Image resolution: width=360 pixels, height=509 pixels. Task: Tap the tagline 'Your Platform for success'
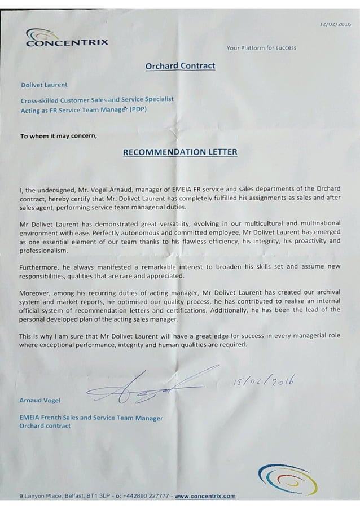point(261,48)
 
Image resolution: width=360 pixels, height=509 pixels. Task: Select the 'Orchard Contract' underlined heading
point(180,66)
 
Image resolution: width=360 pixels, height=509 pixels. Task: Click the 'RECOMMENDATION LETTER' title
point(180,152)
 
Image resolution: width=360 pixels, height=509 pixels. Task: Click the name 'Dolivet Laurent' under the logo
point(44,85)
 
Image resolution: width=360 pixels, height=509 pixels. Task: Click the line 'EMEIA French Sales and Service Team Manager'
point(91,418)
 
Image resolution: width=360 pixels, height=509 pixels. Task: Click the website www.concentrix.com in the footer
point(205,497)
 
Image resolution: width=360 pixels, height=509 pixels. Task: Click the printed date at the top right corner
point(335,24)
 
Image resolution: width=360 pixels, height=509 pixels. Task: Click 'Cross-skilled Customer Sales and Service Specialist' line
point(96,99)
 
